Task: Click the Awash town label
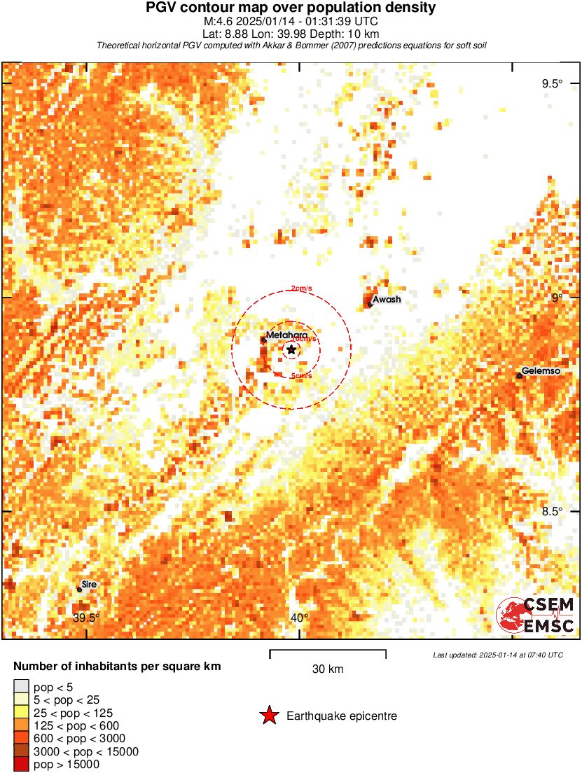coord(387,300)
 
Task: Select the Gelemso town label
coord(541,371)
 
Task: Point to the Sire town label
coord(89,584)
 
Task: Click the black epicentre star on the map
coord(291,349)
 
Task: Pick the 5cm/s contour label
coord(301,376)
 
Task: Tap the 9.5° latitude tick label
coord(552,84)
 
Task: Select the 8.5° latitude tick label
coord(552,511)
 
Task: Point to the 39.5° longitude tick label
coord(87,618)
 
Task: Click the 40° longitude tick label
coord(299,618)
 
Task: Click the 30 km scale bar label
coord(328,669)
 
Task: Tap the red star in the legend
coord(269,716)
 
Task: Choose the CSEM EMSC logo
coord(536,615)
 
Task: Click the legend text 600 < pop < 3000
coord(80,739)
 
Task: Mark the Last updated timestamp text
coord(498,655)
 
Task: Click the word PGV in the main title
coord(160,8)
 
